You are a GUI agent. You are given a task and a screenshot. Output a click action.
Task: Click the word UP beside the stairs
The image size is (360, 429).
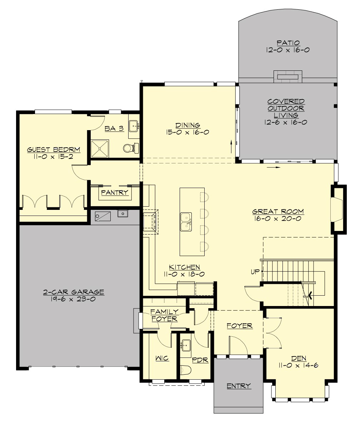(255, 272)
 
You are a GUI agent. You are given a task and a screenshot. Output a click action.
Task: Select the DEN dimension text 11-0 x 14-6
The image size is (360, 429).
(300, 365)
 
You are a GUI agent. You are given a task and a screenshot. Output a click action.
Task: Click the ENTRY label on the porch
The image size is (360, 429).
(239, 386)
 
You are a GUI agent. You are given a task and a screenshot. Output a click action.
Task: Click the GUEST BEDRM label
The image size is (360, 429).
(54, 149)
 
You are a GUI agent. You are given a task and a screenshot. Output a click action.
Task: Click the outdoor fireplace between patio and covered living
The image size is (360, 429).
(287, 76)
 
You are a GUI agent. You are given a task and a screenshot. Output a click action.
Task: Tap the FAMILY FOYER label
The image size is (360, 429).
(164, 315)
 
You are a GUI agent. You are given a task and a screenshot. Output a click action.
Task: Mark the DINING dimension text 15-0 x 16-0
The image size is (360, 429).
(187, 132)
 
